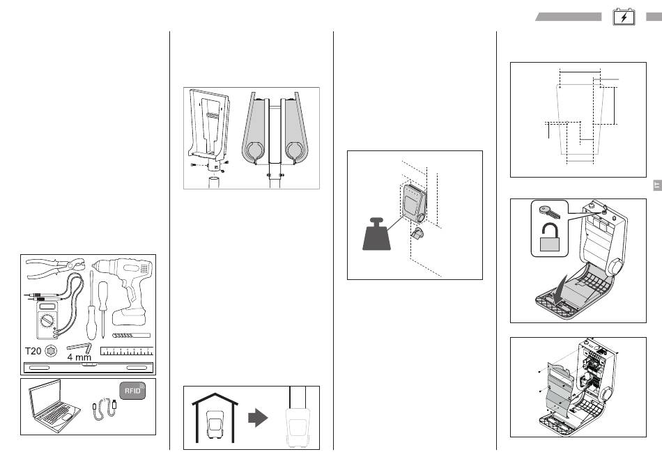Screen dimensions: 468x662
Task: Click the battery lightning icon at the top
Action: [x=624, y=17]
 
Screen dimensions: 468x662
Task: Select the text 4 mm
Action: [x=79, y=357]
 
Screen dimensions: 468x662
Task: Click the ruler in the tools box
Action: [x=126, y=350]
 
